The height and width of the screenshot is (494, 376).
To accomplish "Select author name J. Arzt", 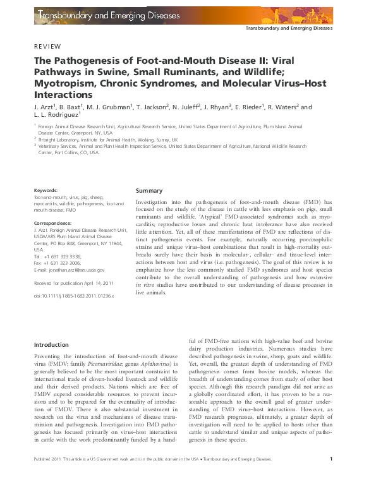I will point(45,107).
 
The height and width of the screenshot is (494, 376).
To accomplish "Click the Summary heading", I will point(149,190).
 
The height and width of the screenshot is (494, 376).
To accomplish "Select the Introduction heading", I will point(51,345).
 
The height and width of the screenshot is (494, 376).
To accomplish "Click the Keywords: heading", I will point(46,190).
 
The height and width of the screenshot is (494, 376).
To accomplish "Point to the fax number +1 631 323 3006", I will point(64,263).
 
